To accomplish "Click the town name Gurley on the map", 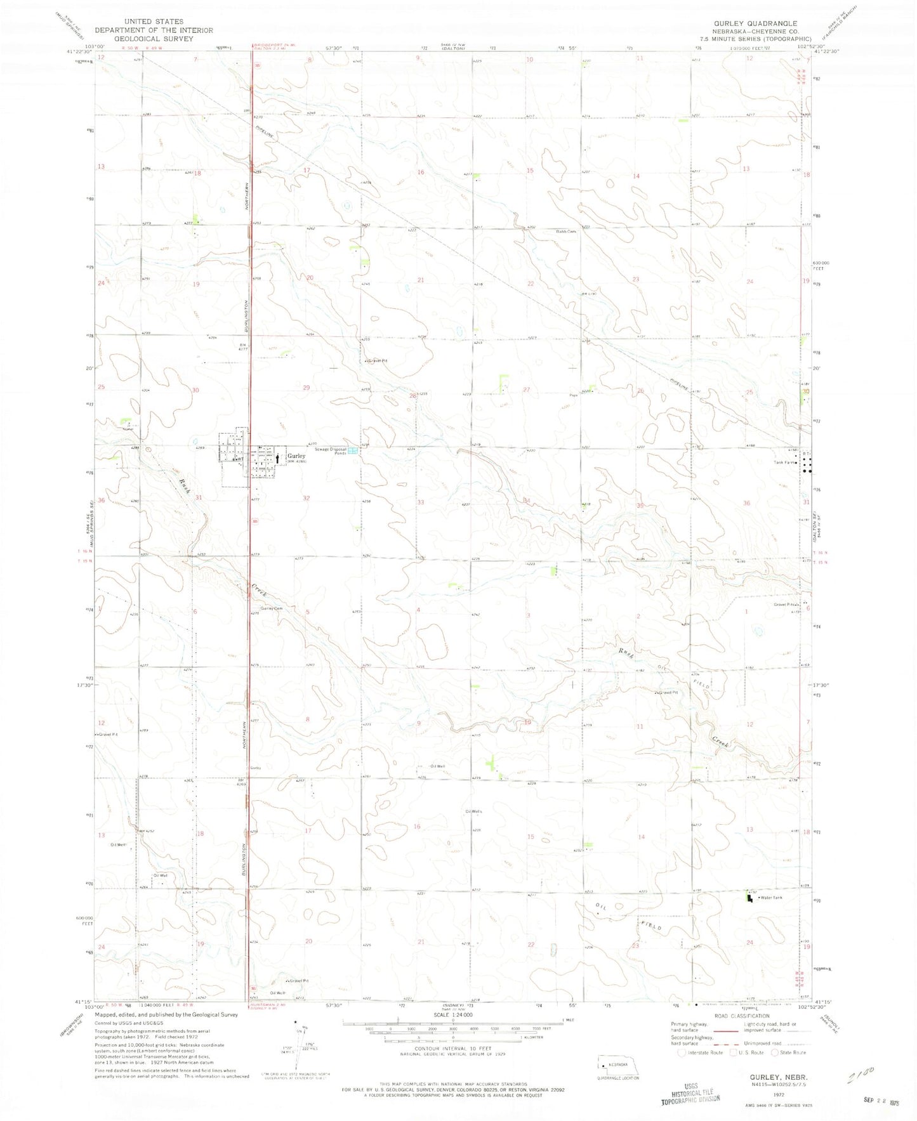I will pyautogui.click(x=296, y=456).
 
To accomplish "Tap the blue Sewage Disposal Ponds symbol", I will pyautogui.click(x=353, y=451).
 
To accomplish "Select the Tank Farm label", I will pyautogui.click(x=784, y=462).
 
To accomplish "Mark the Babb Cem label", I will pyautogui.click(x=567, y=232).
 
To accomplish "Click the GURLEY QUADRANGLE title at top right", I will pyautogui.click(x=755, y=23).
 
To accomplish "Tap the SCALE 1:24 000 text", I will pyautogui.click(x=453, y=1033).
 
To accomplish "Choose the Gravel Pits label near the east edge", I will pyautogui.click(x=784, y=604).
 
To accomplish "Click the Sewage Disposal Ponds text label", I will pyautogui.click(x=331, y=451).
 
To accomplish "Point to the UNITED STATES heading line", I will pyautogui.click(x=154, y=22).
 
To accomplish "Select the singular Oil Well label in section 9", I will pyautogui.click(x=437, y=766).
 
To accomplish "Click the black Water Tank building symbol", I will pyautogui.click(x=750, y=897).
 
